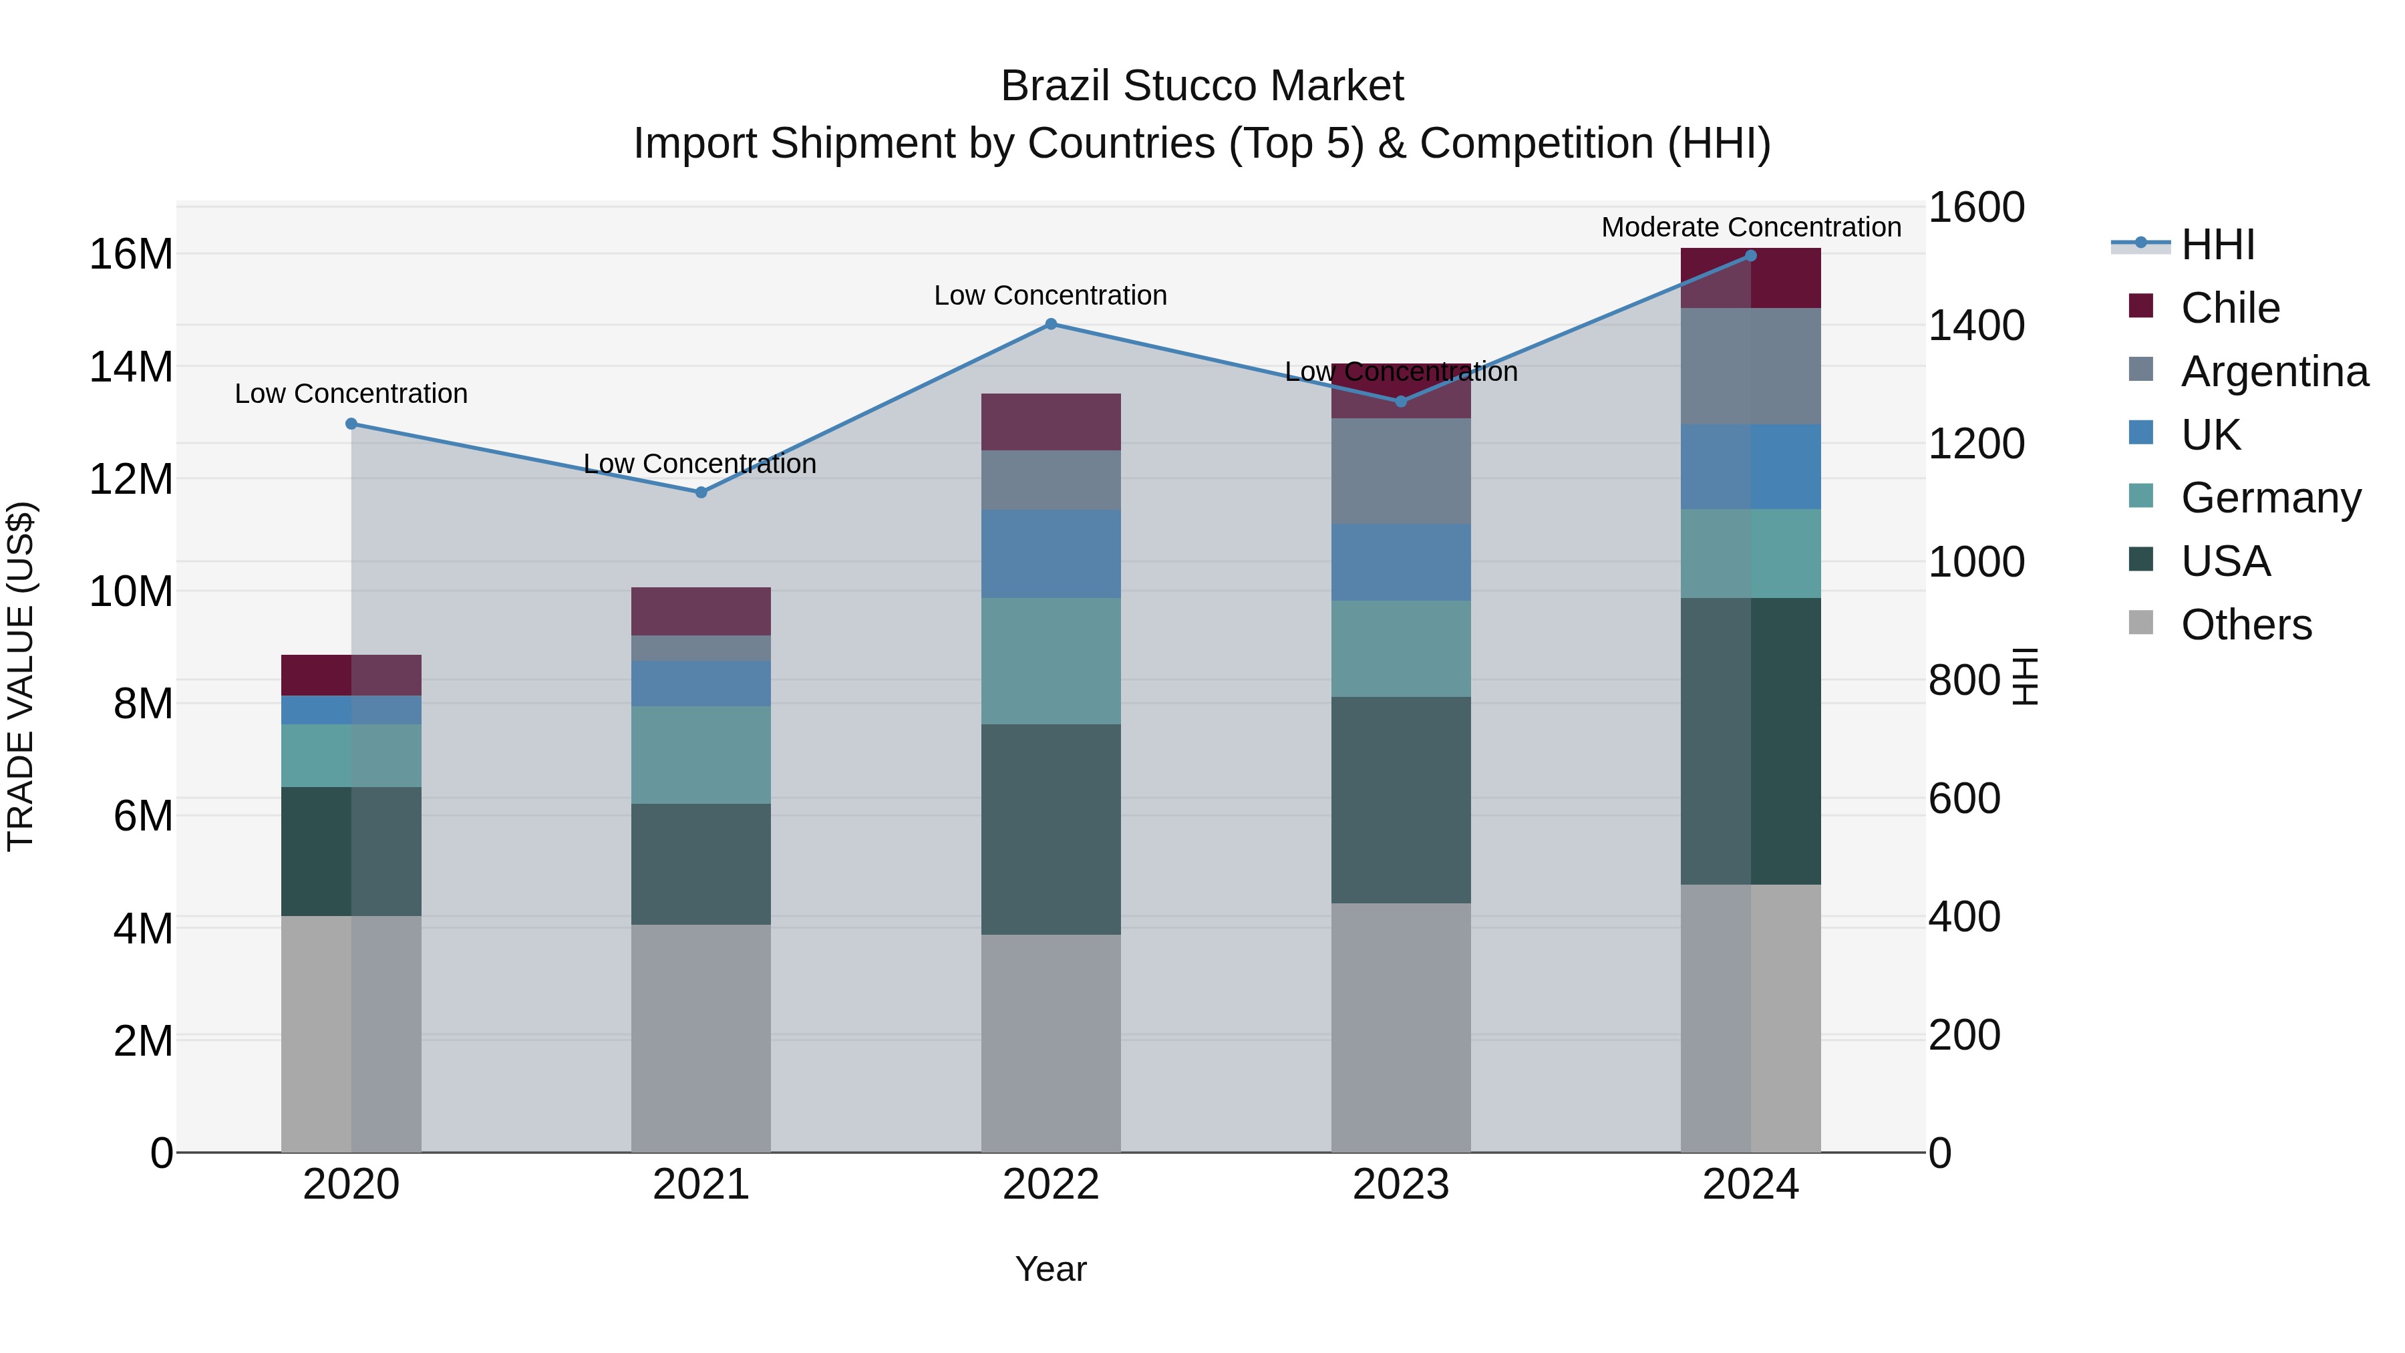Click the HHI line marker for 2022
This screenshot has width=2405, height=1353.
coord(1050,324)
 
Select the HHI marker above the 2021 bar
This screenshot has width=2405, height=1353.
coord(701,492)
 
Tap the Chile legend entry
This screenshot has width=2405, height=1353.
coord(2229,308)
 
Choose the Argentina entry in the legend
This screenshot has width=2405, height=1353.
coord(2273,371)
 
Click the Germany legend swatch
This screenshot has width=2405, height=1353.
coord(2141,496)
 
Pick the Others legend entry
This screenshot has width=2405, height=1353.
coord(2245,625)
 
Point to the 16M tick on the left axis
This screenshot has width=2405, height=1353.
coord(131,254)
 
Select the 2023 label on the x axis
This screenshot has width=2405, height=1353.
coord(1400,1185)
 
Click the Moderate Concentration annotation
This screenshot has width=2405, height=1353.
coord(1750,227)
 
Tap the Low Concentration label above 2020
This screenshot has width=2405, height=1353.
coord(351,394)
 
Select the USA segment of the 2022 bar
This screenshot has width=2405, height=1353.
coord(1050,829)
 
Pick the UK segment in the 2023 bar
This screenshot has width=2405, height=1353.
coord(1400,562)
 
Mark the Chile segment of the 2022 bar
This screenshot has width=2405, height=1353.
coord(1050,422)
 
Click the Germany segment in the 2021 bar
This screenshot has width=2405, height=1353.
coord(701,754)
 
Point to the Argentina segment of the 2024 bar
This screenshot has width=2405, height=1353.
coord(1750,366)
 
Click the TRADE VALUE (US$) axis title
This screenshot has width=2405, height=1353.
coord(21,676)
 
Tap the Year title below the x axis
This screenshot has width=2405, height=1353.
coord(1050,1269)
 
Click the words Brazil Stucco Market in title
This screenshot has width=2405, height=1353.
coord(1202,86)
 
